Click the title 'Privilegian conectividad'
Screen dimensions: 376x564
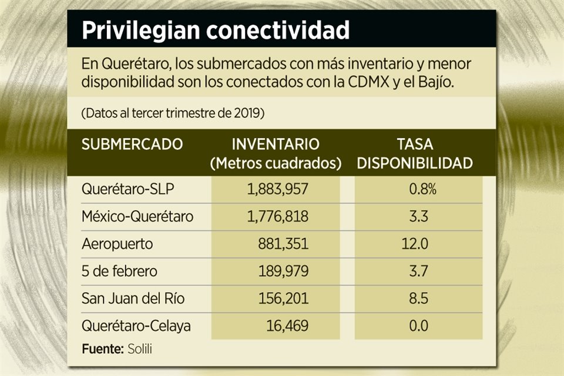pyautogui.click(x=215, y=31)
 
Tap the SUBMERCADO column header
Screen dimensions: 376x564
pyautogui.click(x=132, y=144)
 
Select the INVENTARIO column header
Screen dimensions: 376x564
pyautogui.click(x=276, y=153)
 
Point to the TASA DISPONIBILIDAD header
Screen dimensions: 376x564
pyautogui.click(x=415, y=153)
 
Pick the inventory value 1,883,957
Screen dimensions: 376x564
pyautogui.click(x=274, y=189)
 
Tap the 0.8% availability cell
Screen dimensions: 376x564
pyautogui.click(x=419, y=189)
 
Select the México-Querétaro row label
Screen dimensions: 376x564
pyautogui.click(x=137, y=217)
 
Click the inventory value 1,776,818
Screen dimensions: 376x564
pyautogui.click(x=274, y=217)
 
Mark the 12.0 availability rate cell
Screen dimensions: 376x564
pyautogui.click(x=419, y=244)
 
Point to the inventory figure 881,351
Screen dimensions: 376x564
pyautogui.click(x=283, y=244)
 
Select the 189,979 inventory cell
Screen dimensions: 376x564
pyautogui.click(x=283, y=271)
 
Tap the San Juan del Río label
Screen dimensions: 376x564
pyautogui.click(x=133, y=298)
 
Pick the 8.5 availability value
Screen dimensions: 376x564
pyautogui.click(x=419, y=298)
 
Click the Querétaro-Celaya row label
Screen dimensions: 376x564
pyautogui.click(x=136, y=325)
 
